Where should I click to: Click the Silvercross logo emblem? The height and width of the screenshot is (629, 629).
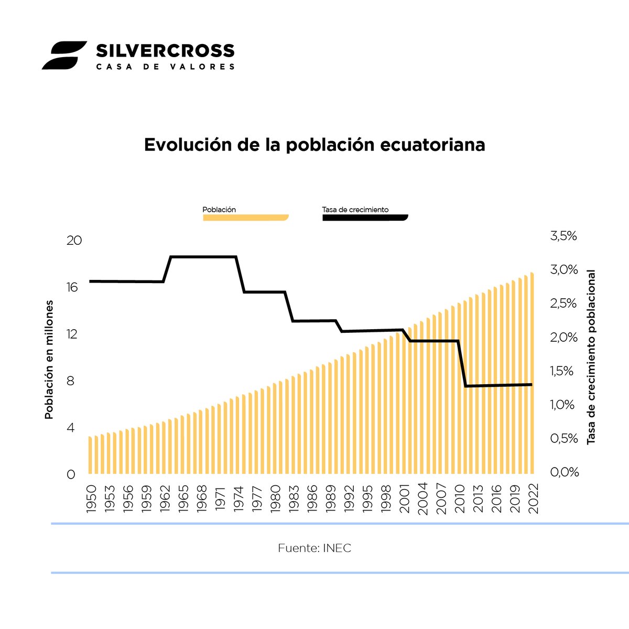[x=64, y=55]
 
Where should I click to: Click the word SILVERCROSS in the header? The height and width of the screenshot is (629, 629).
[x=165, y=50]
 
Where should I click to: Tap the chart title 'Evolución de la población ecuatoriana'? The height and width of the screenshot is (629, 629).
[x=314, y=145]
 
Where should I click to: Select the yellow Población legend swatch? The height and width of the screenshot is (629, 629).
[x=245, y=218]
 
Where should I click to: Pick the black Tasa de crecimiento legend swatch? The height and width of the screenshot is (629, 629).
[x=365, y=218]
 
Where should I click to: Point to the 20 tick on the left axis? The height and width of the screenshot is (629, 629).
[x=74, y=241]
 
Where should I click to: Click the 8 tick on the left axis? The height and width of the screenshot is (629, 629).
[x=71, y=381]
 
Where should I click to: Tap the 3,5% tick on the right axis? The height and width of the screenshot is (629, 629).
[x=563, y=236]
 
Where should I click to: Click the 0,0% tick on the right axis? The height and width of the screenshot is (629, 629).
[x=564, y=472]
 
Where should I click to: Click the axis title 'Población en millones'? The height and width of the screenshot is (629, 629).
[x=49, y=360]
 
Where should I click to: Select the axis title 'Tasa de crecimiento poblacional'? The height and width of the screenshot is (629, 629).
[x=591, y=357]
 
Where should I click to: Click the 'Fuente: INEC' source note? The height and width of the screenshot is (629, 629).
[x=314, y=548]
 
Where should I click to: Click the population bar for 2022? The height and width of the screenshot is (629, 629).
[x=532, y=372]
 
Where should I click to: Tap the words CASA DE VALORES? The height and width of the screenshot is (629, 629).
[x=165, y=67]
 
